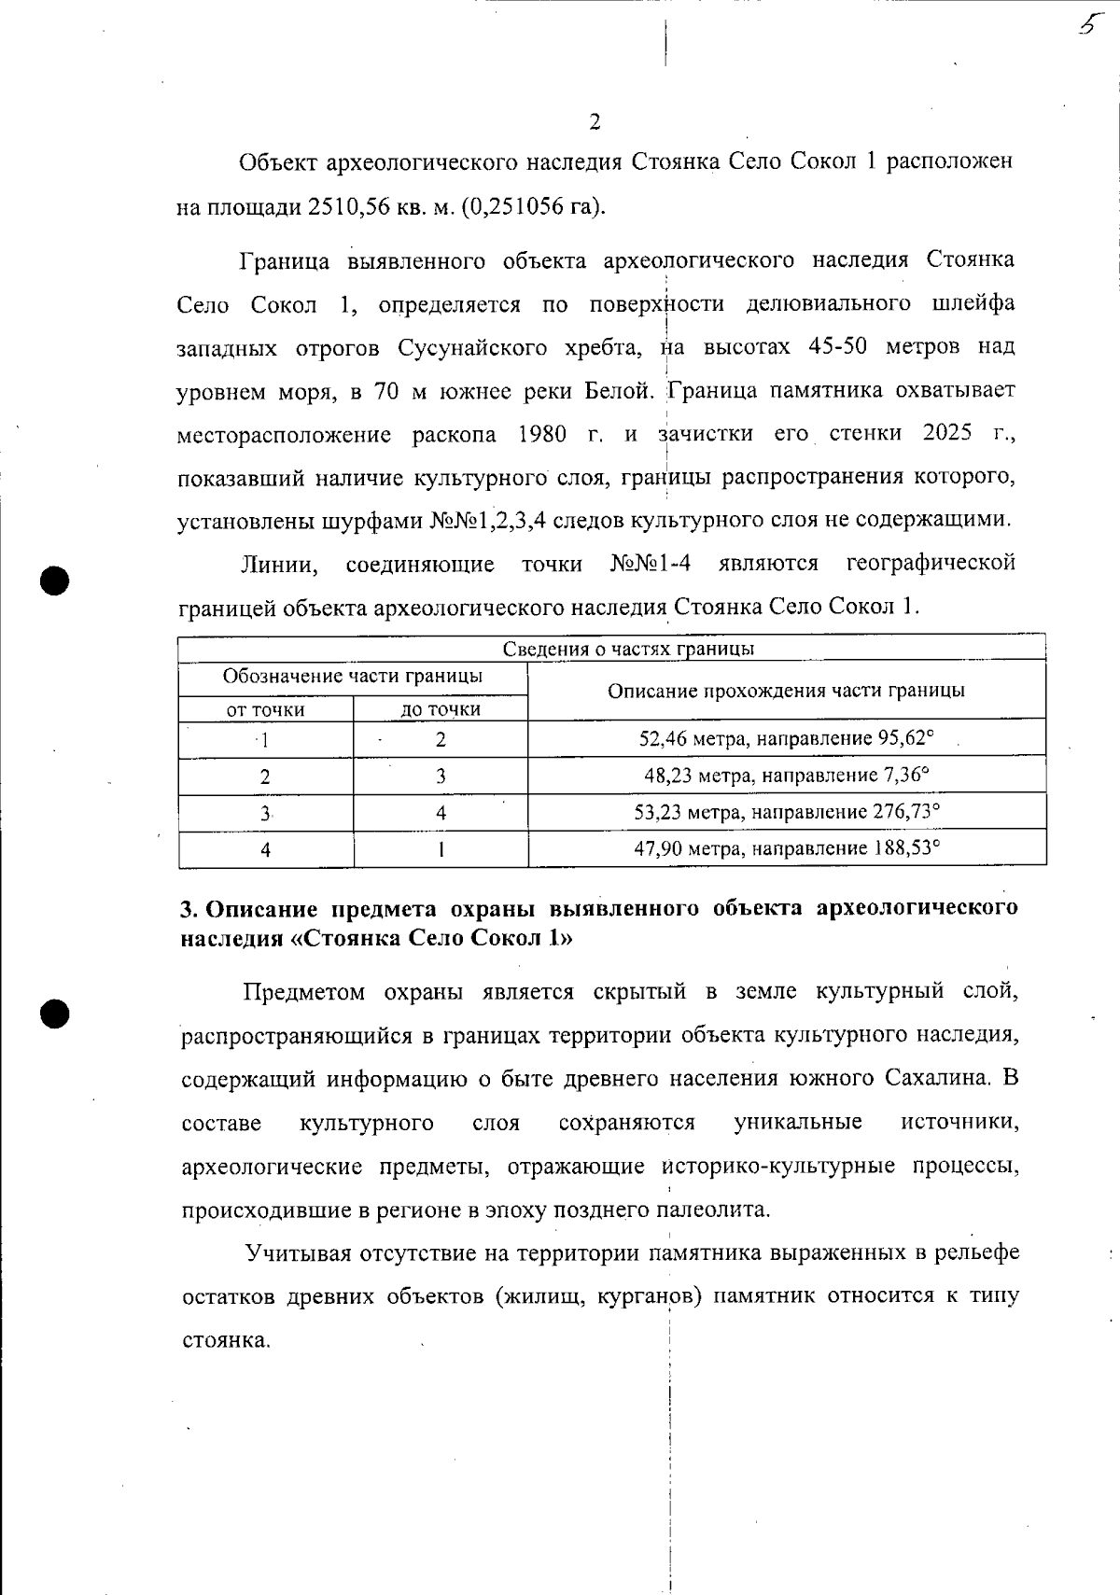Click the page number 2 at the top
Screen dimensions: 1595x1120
coord(595,122)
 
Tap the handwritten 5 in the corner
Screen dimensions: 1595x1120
coord(1085,25)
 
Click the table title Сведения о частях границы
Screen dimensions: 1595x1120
coord(628,649)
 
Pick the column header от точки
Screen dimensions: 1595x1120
coord(266,709)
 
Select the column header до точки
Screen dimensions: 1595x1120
coord(441,709)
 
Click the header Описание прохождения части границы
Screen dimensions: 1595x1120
coord(786,691)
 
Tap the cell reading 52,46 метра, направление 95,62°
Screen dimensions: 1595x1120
coord(786,739)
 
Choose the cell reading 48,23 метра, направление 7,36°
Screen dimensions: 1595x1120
coord(786,776)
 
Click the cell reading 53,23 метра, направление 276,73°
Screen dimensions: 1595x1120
coord(786,812)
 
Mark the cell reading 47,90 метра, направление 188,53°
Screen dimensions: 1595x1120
coord(786,848)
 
